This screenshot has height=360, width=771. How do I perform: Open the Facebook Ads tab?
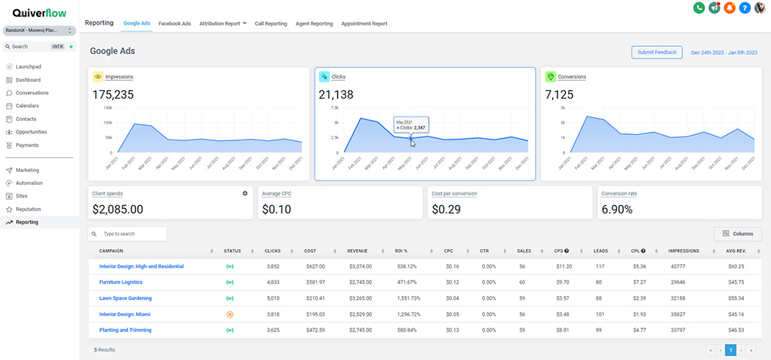(x=174, y=24)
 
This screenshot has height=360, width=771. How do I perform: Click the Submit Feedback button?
(x=656, y=52)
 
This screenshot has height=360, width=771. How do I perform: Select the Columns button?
(x=738, y=234)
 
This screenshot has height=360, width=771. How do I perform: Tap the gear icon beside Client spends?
(x=245, y=193)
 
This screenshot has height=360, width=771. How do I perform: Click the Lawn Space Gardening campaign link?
(x=125, y=298)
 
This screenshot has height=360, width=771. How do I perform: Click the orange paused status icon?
(x=230, y=314)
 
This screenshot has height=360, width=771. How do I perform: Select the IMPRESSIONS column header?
(x=684, y=251)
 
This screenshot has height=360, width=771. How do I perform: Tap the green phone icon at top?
(x=699, y=8)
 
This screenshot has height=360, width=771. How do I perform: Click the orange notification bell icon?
(x=729, y=8)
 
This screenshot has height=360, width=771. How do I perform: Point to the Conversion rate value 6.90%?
(x=617, y=209)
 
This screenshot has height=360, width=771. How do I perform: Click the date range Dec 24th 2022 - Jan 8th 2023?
(x=724, y=52)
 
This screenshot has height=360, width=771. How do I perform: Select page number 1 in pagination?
(x=731, y=350)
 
